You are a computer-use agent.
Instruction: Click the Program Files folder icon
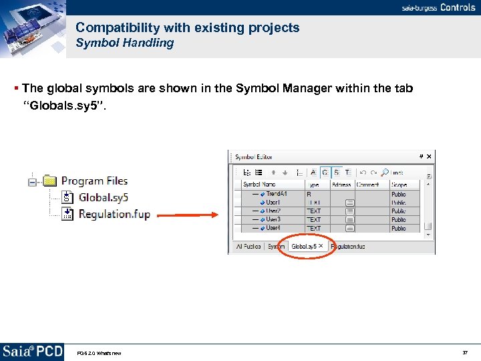50,180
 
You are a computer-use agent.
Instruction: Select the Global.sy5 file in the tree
103,197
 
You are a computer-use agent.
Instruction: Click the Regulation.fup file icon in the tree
67,214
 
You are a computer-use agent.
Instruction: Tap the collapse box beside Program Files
32,181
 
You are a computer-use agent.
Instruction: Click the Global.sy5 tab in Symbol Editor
304,247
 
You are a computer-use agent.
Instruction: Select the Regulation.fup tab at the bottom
348,247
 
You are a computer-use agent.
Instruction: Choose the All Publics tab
248,247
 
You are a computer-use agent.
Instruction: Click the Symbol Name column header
259,185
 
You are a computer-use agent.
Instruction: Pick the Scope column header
399,185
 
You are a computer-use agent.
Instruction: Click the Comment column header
367,185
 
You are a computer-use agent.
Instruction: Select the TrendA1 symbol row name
277,194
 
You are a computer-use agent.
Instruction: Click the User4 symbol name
273,229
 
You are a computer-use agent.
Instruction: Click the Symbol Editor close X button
429,156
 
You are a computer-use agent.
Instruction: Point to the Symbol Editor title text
254,157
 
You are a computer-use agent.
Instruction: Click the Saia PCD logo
32,352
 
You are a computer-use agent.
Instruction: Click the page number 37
465,352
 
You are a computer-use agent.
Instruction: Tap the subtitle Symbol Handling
124,43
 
